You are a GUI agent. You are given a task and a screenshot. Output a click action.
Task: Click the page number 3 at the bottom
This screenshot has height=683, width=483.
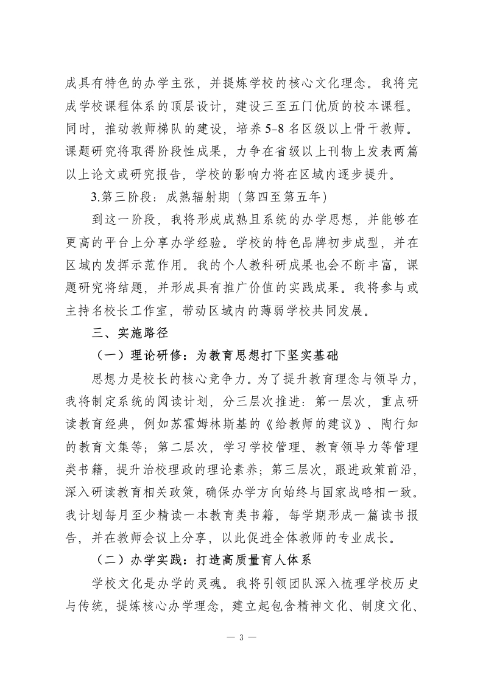pos(241,637)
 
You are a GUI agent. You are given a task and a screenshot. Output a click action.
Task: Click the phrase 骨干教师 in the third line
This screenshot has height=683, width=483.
pos(388,130)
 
